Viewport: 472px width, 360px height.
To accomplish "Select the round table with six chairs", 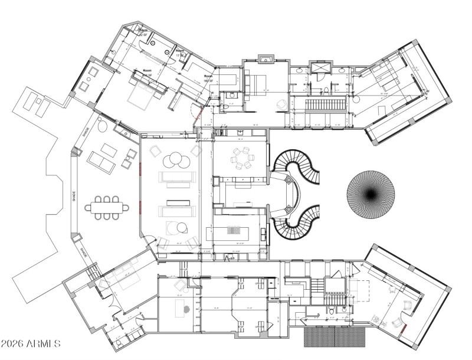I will (241, 158).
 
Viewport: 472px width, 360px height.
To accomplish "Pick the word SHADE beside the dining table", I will (73, 195).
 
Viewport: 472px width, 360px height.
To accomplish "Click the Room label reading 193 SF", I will (208, 78).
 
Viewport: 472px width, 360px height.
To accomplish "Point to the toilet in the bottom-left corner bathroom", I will (120, 342).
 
